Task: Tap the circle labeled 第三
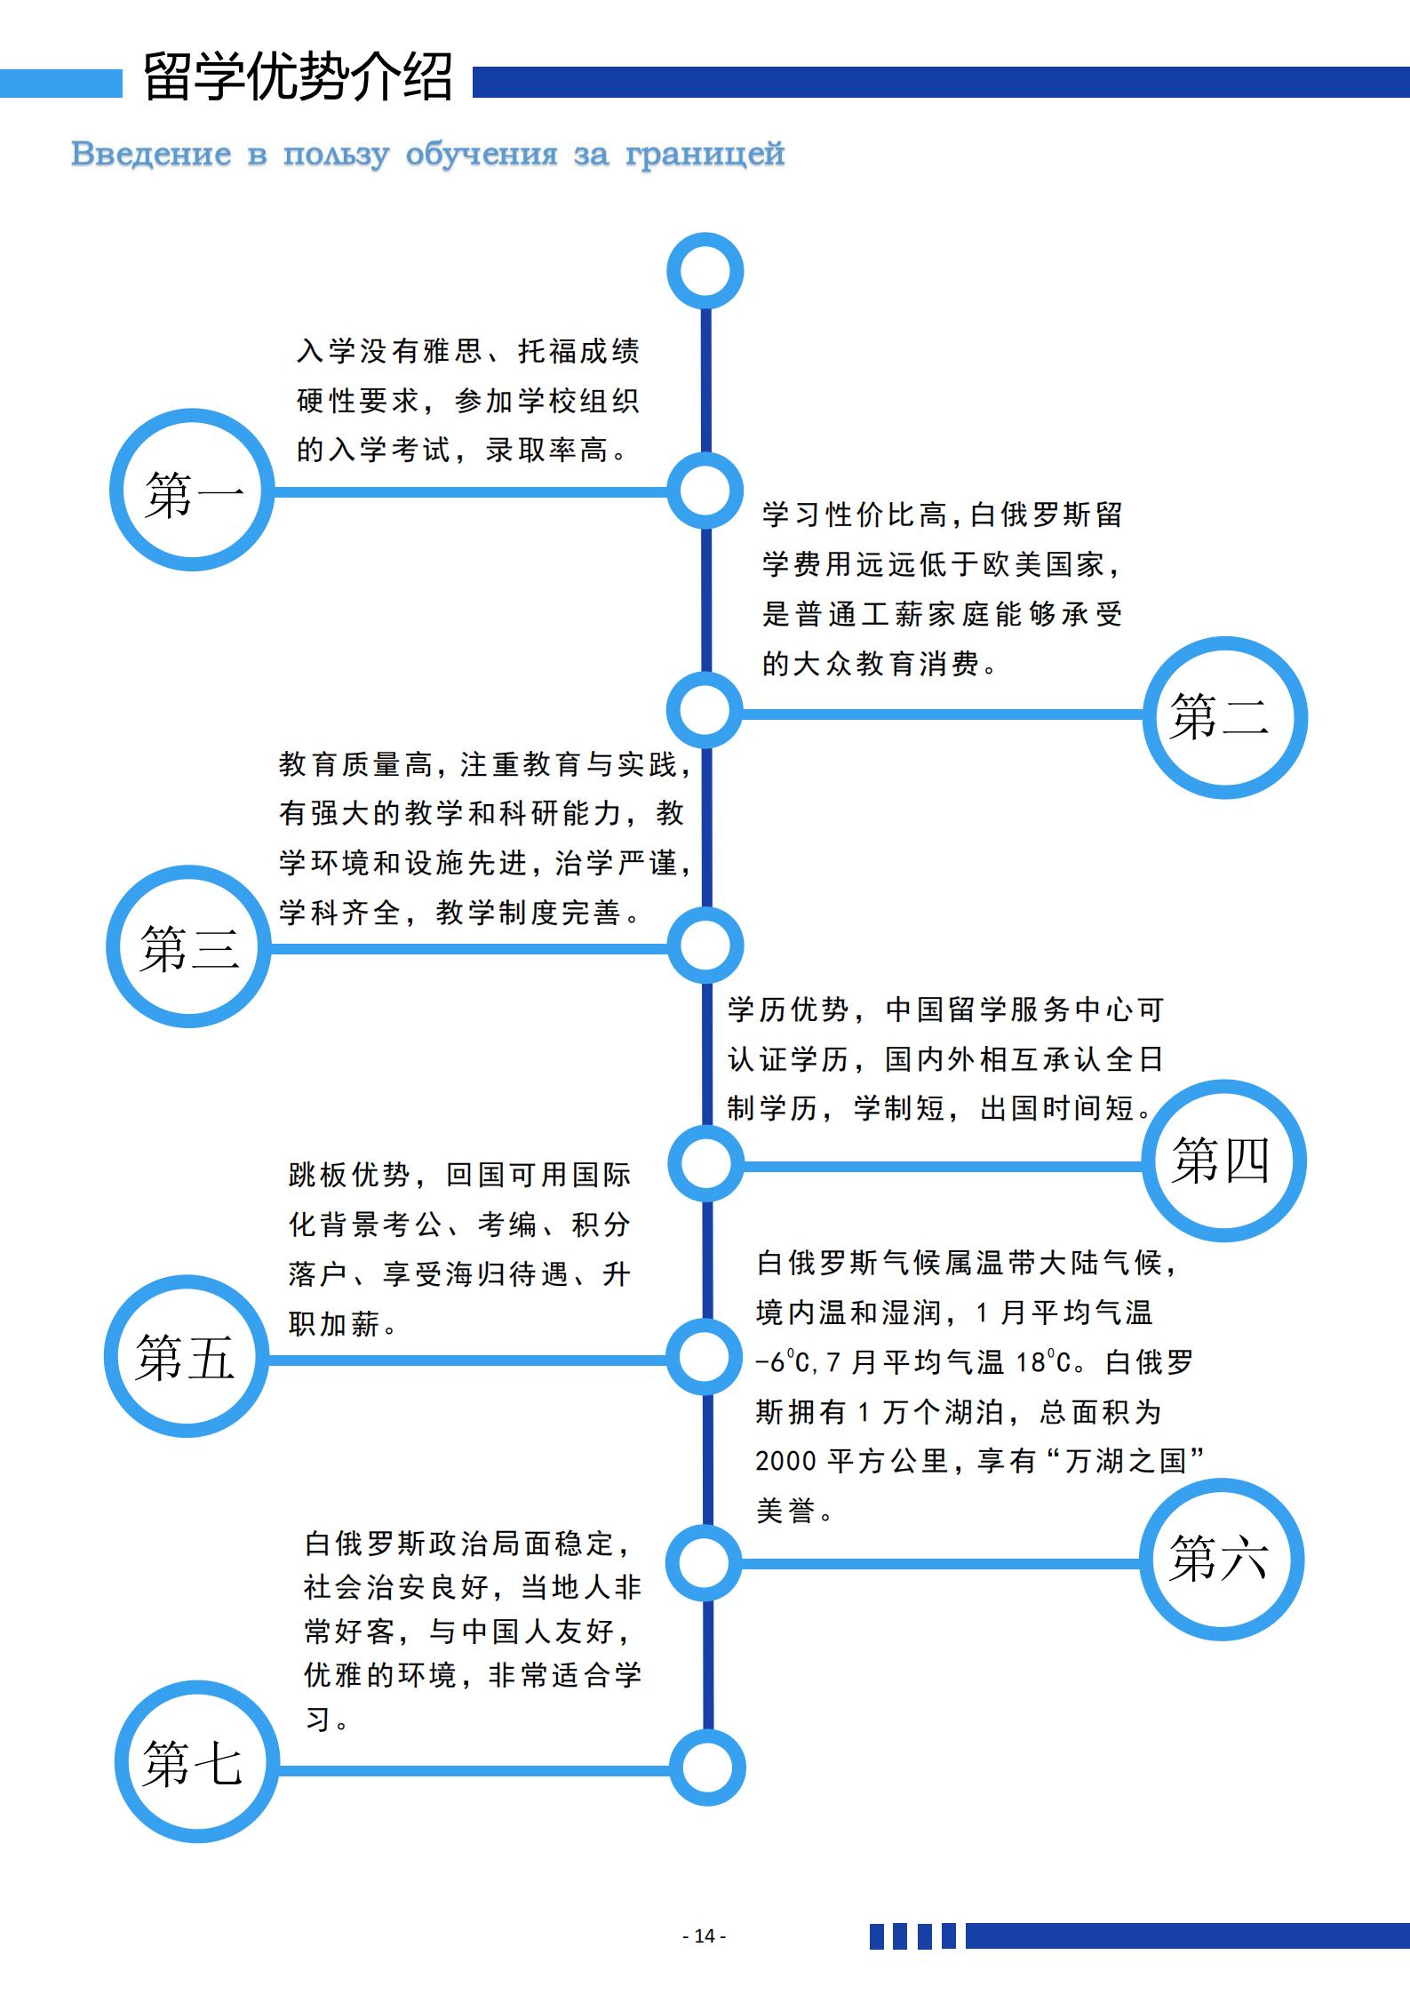click(x=118, y=946)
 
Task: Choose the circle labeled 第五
click(x=116, y=1357)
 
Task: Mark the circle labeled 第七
click(x=127, y=1761)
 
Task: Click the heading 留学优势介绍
click(x=298, y=77)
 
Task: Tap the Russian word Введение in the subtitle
click(x=151, y=154)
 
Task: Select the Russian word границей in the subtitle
click(x=705, y=155)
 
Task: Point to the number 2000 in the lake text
click(x=785, y=1461)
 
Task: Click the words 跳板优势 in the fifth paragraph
click(x=349, y=1175)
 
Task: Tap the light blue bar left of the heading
click(x=61, y=84)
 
